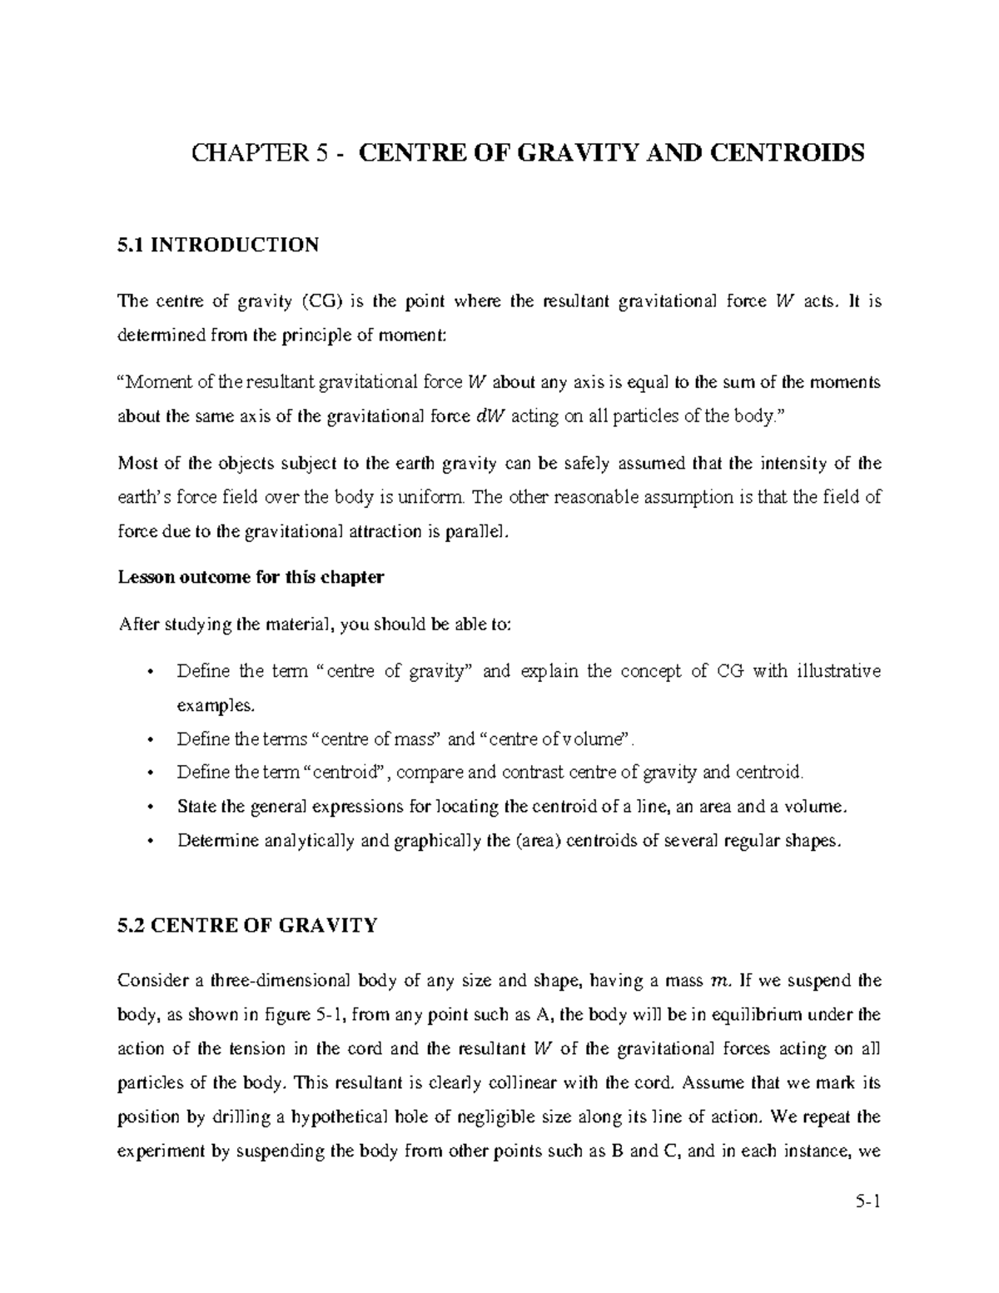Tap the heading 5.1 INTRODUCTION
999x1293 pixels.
(x=218, y=245)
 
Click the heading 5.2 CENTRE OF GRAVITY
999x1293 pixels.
(x=248, y=925)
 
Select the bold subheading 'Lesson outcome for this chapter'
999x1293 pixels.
(x=251, y=577)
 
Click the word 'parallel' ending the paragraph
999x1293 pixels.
(x=477, y=532)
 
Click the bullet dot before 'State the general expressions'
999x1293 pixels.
(x=150, y=807)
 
